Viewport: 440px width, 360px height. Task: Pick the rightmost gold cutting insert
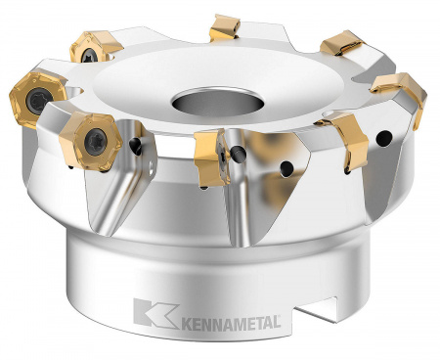(x=401, y=93)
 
